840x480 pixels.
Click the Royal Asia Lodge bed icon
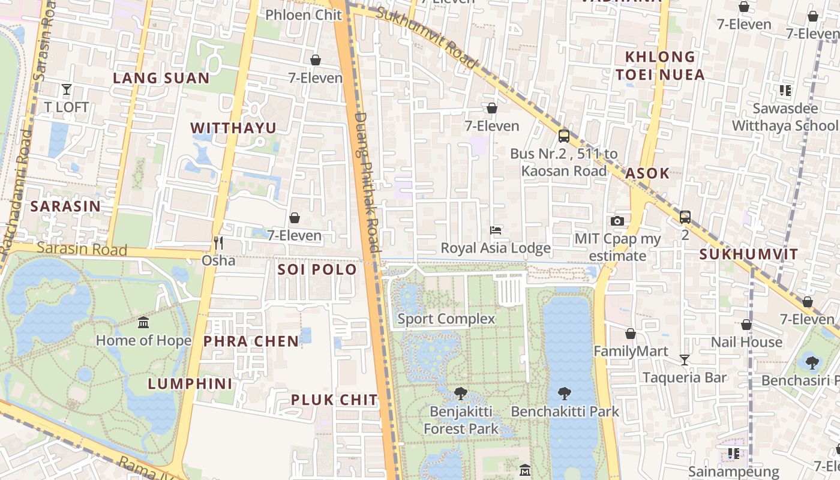pos(496,230)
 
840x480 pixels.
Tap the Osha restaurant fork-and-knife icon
pos(218,242)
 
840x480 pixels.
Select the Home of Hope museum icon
pos(143,323)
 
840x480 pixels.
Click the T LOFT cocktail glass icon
pos(67,89)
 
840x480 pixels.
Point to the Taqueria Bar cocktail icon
pos(685,359)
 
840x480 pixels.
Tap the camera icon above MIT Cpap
pos(617,221)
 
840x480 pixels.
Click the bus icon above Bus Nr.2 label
pos(563,136)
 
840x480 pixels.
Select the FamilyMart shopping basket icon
pos(631,334)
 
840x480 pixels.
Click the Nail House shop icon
pos(746,325)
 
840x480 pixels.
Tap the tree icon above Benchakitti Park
pos(564,394)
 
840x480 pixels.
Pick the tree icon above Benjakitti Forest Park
pos(461,394)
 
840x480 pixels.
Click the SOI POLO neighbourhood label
pos(317,269)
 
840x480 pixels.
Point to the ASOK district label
pos(647,173)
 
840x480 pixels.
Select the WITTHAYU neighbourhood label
pos(233,128)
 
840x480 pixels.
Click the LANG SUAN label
pos(161,78)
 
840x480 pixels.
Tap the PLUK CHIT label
pos(334,400)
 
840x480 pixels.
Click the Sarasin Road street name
pos(82,249)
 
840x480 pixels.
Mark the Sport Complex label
pos(446,319)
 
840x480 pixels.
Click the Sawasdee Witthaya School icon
pos(785,91)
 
